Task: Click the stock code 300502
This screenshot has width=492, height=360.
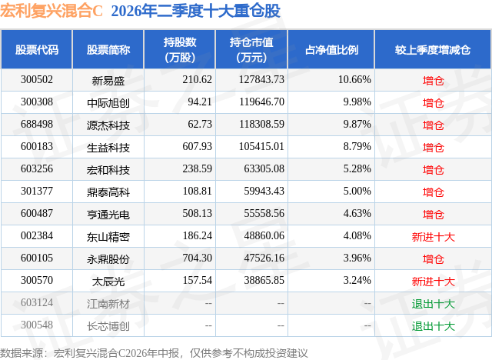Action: click(x=37, y=80)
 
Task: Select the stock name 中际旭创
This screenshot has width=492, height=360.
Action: click(x=108, y=102)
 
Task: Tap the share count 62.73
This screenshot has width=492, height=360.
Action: click(x=200, y=125)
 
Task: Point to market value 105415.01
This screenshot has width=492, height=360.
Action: click(x=261, y=147)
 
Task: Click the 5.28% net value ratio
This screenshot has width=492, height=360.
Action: click(x=357, y=169)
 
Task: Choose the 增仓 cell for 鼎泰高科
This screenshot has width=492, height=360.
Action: click(x=433, y=192)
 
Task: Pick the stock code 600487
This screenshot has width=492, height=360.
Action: click(x=37, y=213)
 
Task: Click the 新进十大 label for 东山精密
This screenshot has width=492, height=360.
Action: click(x=433, y=236)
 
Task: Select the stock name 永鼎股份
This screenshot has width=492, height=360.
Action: click(x=108, y=258)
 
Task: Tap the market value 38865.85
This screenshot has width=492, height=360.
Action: click(x=264, y=280)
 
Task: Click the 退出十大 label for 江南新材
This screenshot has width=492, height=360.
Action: click(x=433, y=303)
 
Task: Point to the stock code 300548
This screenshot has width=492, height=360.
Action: click(x=37, y=325)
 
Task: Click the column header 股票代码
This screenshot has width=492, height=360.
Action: click(x=37, y=49)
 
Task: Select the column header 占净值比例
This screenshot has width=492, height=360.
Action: click(x=331, y=49)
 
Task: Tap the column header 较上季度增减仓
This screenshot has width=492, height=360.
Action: click(x=433, y=49)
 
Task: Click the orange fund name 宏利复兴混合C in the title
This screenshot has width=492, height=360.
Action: click(x=52, y=11)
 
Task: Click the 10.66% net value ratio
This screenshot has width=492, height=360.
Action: click(x=354, y=80)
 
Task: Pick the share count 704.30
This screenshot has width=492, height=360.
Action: click(x=197, y=258)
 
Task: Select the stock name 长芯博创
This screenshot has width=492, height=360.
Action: click(x=108, y=325)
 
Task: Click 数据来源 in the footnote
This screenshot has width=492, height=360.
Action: click(x=22, y=353)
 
